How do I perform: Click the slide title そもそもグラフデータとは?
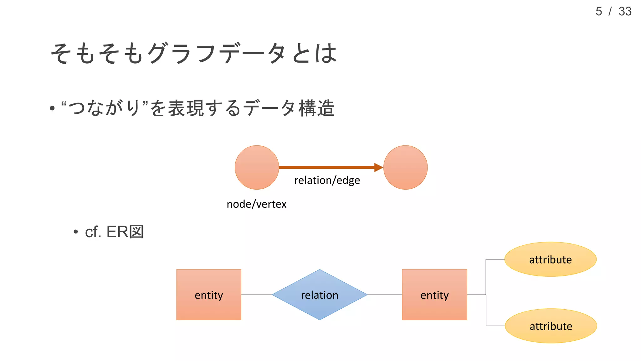(193, 53)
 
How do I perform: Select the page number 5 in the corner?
(598, 12)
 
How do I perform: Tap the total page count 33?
(625, 12)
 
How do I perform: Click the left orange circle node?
(257, 167)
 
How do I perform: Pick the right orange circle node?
(405, 167)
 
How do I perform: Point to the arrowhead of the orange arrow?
(379, 167)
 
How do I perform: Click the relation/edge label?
(327, 180)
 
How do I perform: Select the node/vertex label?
(256, 204)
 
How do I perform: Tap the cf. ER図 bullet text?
(114, 232)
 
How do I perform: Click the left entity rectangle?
(209, 295)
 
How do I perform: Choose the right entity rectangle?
(434, 295)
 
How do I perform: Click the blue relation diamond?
(320, 295)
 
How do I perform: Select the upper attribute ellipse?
(550, 259)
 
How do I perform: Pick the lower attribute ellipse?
(551, 326)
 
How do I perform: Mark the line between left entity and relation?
(257, 295)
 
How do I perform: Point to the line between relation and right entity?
(384, 295)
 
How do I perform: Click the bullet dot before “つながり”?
(52, 109)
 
